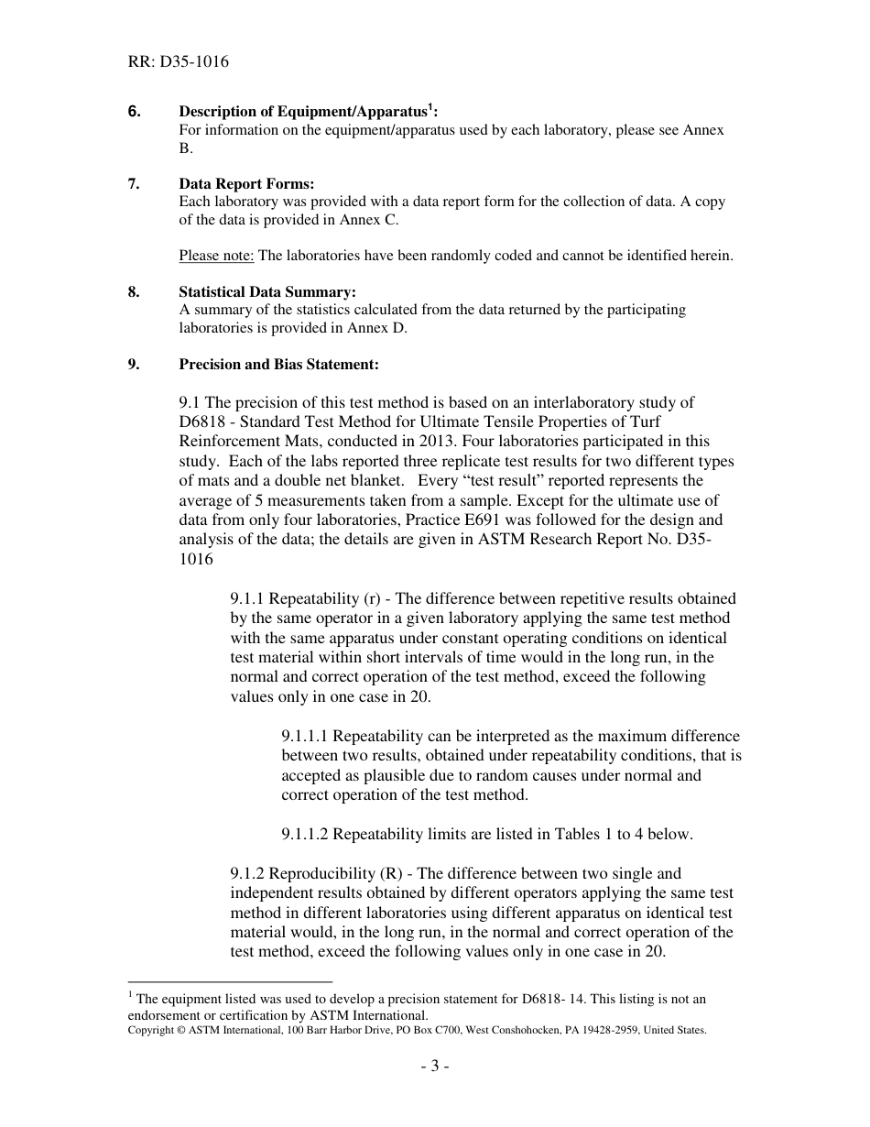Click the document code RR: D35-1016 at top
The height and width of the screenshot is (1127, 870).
click(179, 62)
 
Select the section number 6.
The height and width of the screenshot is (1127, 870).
click(134, 112)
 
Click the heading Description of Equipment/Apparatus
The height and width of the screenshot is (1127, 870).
click(305, 112)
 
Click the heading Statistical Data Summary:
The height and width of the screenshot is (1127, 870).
click(267, 292)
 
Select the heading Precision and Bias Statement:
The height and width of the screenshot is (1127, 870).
click(278, 364)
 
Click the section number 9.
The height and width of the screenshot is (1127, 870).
click(134, 364)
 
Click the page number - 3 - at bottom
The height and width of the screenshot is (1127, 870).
click(434, 1067)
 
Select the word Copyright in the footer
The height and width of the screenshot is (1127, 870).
click(150, 1030)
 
